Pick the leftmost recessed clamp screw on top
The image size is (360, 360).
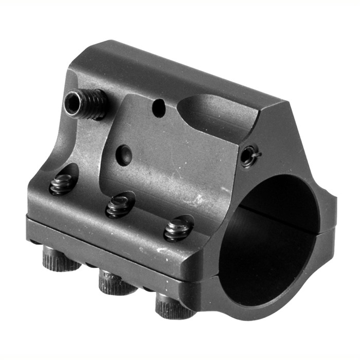point(62,185)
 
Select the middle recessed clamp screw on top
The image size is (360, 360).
point(119,205)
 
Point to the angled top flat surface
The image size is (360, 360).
point(170,72)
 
